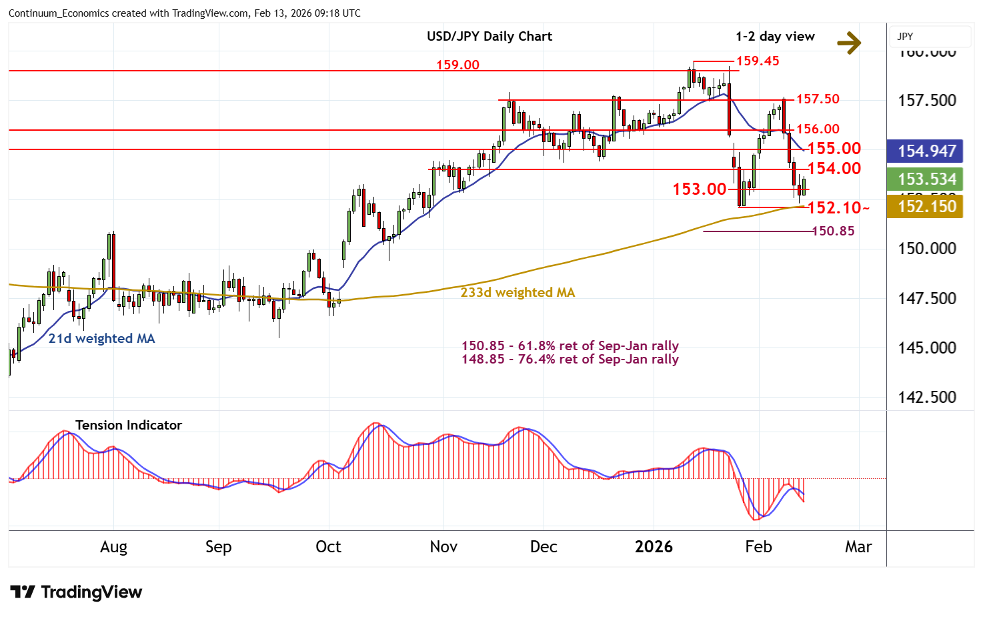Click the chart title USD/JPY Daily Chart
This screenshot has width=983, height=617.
[x=489, y=36]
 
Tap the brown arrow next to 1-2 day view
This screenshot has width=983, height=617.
[x=849, y=43]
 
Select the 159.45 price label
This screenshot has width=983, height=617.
[x=758, y=61]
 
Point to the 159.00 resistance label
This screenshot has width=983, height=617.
[x=457, y=65]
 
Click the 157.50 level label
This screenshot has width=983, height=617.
[x=818, y=99]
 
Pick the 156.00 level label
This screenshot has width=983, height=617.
[x=818, y=129]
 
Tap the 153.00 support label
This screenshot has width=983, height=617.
[x=699, y=189]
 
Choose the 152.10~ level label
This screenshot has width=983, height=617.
[x=838, y=207]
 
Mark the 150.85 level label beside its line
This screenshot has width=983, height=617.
[x=833, y=231]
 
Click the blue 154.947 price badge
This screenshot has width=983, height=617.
[x=926, y=151]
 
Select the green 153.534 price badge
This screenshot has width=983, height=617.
[x=926, y=179]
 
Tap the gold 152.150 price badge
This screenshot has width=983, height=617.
[x=926, y=206]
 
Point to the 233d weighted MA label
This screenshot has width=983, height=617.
[x=518, y=292]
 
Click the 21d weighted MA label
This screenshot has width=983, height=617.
[x=101, y=338]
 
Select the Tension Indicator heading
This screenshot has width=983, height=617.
[x=129, y=425]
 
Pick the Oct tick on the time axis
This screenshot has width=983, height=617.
[x=328, y=547]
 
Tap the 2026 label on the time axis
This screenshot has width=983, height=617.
[x=654, y=547]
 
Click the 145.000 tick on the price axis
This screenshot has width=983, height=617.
[x=927, y=348]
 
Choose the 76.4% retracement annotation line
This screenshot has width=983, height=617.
[x=570, y=360]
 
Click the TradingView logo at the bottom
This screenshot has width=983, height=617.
[x=76, y=592]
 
